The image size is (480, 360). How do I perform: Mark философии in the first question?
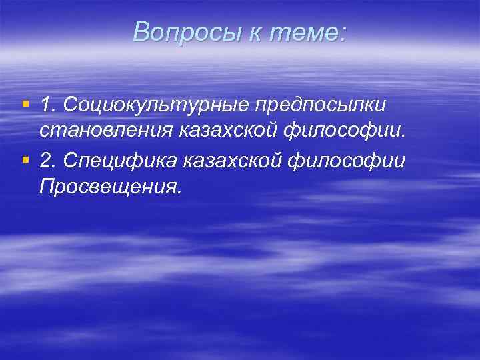tap(353, 131)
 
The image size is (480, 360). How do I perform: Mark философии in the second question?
tap(358, 160)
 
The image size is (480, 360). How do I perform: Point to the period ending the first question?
tap(403, 137)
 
